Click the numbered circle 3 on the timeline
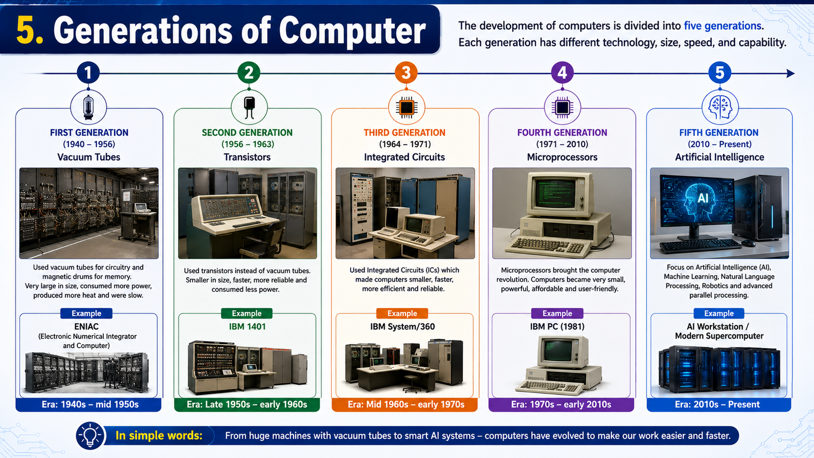coord(406,73)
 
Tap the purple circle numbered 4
coord(562,73)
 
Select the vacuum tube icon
coord(89,107)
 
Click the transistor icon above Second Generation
coord(249,107)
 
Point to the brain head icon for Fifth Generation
coord(720,107)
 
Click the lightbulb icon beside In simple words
coord(90,435)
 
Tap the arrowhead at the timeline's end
coord(791,73)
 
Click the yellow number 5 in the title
coord(30,31)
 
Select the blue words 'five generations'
coord(722,26)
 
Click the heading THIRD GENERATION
coord(404,133)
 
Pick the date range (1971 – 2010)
coord(562,145)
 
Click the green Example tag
coord(247,313)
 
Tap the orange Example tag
coord(402,313)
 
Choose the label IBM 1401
coord(247,326)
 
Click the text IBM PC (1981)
coord(557,326)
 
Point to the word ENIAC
coord(86,326)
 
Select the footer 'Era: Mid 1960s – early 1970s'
coord(406,405)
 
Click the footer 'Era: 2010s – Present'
coord(717,405)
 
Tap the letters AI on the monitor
coord(703,198)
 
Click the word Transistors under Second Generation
coord(247,157)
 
